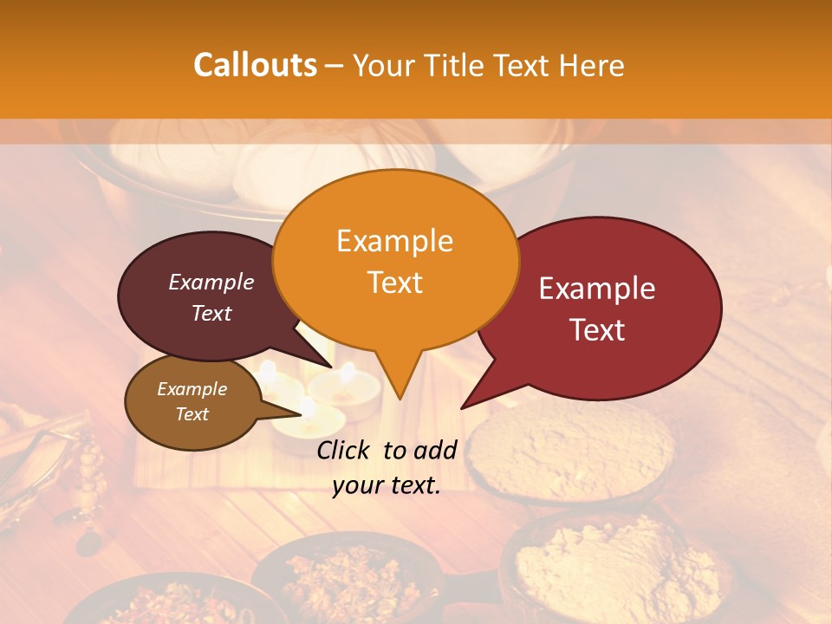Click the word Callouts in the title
point(255,65)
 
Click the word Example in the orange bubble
point(394,240)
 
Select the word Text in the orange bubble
point(394,283)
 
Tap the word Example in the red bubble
point(597,289)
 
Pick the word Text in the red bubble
point(597,330)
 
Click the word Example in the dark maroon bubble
point(211,283)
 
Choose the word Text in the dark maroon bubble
point(211,313)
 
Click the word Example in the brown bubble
point(192,389)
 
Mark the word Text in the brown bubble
point(192,414)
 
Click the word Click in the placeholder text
point(344,450)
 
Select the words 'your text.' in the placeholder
point(387,485)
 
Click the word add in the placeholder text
point(436,450)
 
